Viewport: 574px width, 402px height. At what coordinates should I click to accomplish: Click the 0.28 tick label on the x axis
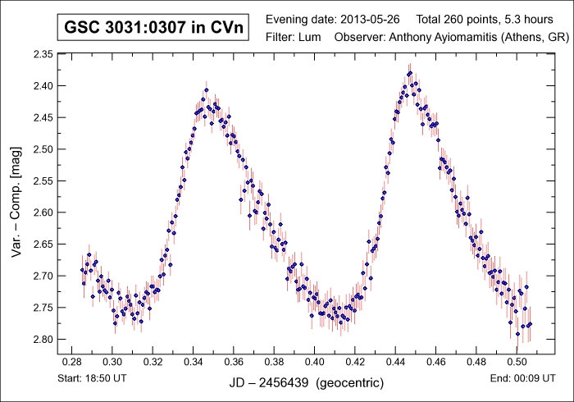pyautogui.click(x=71, y=361)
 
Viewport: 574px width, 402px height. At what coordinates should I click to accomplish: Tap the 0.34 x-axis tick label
pyautogui.click(x=193, y=361)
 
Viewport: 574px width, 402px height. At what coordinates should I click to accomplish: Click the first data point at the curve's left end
pyautogui.click(x=82, y=270)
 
